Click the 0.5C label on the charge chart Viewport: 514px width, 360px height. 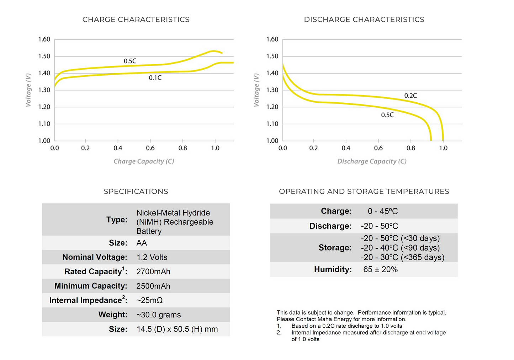[x=130, y=61]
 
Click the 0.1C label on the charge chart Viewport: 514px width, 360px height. [x=155, y=78]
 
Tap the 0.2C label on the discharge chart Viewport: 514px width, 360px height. [x=410, y=96]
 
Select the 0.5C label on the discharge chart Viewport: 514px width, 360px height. [x=387, y=115]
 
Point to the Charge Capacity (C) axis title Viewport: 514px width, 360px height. [x=144, y=161]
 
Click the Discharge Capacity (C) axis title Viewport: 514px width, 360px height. [x=372, y=161]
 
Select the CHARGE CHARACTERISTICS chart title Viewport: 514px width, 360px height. [x=136, y=20]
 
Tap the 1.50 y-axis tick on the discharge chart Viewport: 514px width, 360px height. [x=272, y=56]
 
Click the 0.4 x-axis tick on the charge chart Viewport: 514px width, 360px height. [x=118, y=148]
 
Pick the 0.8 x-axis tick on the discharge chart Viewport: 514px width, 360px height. [x=410, y=148]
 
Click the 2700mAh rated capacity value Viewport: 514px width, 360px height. [x=153, y=272]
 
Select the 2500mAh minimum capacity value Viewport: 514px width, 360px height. [x=153, y=286]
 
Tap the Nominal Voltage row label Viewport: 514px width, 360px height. [x=95, y=257]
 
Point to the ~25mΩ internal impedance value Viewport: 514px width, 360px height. [x=149, y=301]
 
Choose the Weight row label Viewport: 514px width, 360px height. [x=113, y=315]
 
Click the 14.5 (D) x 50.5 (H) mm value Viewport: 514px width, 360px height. [x=177, y=329]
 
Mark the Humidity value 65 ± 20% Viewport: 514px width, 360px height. [x=380, y=270]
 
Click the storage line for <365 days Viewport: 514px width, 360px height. [x=402, y=258]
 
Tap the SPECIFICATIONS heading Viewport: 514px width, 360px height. [x=136, y=192]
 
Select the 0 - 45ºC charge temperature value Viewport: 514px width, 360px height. [x=382, y=211]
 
